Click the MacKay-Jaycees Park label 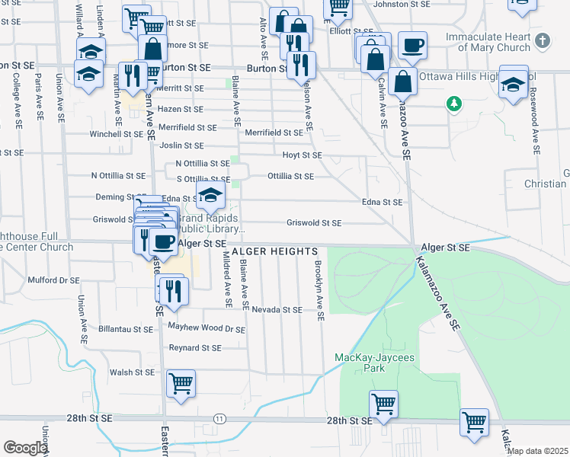click(x=361, y=363)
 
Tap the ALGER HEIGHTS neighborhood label click(x=274, y=251)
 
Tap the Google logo click(x=25, y=448)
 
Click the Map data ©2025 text click(x=536, y=451)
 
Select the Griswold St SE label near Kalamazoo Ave click(x=314, y=223)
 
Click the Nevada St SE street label click(x=277, y=310)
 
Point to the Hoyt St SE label click(x=303, y=155)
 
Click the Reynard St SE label click(x=195, y=348)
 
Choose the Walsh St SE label click(x=132, y=373)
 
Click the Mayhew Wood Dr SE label click(x=207, y=329)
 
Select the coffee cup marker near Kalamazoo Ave click(x=412, y=46)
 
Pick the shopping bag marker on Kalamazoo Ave click(x=402, y=81)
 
